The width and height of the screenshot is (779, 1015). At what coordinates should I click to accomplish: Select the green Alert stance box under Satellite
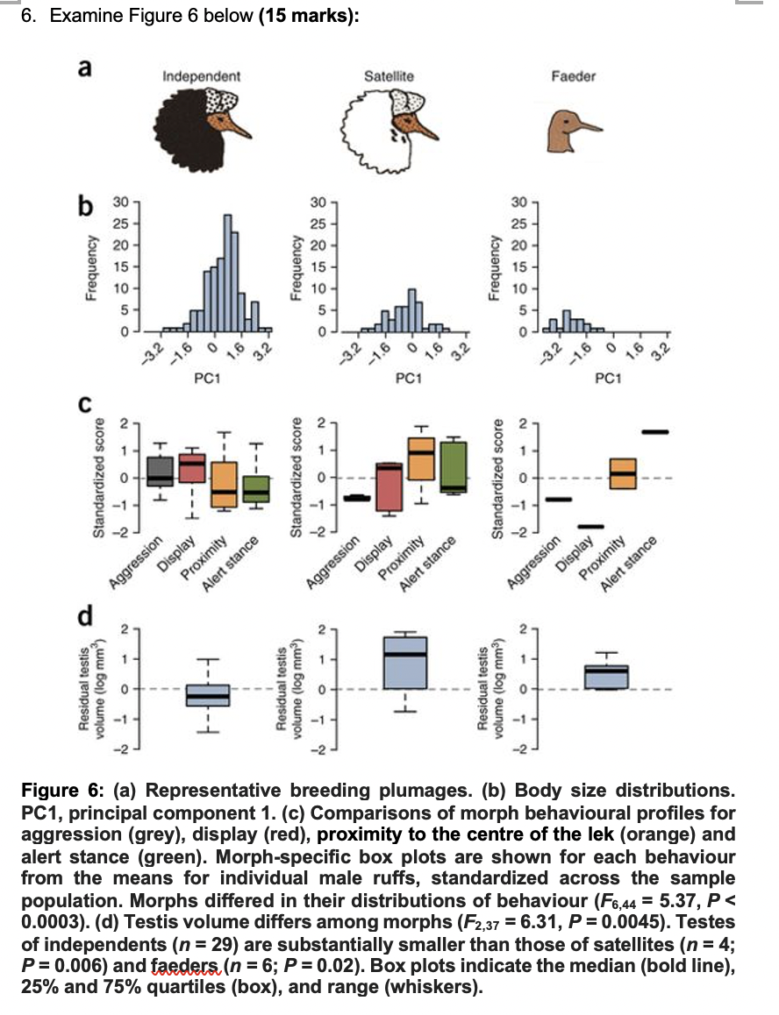pos(454,467)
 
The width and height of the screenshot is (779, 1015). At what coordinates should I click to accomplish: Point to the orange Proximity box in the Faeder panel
pos(623,473)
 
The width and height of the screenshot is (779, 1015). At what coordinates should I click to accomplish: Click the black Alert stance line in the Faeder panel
pos(654,432)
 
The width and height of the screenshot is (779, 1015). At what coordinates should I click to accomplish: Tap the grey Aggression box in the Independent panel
pos(161,471)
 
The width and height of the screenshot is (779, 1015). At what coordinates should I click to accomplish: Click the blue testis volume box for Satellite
pos(405,662)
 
